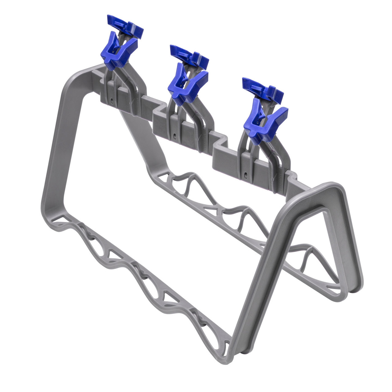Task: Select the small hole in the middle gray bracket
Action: (x=174, y=134)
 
